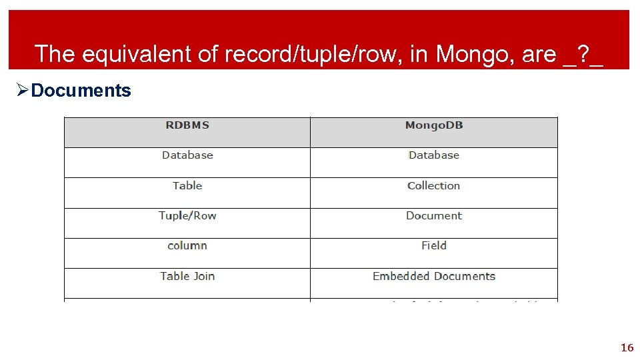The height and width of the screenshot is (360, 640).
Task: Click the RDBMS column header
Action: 187,125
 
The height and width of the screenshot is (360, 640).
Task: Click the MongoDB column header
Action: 434,125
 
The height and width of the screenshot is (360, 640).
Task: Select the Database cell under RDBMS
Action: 187,155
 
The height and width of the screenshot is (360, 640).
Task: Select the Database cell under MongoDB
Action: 434,155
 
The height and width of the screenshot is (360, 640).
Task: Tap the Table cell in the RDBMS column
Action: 187,186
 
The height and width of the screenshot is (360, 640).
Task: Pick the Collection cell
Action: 434,186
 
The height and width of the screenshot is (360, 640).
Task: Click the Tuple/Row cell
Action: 187,216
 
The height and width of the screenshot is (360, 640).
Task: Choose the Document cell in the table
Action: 434,216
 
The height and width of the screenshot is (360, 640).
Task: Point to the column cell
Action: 187,246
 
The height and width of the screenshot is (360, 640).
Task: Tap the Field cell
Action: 434,246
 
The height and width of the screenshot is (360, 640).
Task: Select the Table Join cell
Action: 187,276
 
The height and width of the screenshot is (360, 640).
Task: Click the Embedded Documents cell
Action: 434,276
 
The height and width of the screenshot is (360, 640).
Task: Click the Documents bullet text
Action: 81,91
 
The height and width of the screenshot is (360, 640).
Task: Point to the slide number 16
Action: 627,347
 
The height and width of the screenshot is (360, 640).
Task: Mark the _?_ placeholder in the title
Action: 583,54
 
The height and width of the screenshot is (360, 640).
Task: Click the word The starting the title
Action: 54,54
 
